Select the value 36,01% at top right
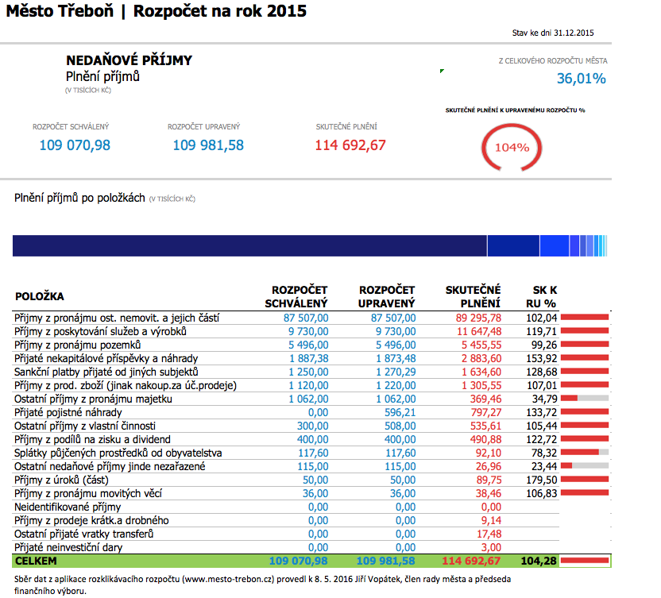coord(581,79)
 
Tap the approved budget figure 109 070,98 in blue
coord(75,145)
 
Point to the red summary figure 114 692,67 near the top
coord(350,145)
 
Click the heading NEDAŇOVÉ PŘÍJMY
coord(129,60)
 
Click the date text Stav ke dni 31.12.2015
coord(554,33)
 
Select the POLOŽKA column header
coord(40,296)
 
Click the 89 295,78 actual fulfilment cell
coord(474,318)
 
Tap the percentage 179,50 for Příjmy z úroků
coord(541,480)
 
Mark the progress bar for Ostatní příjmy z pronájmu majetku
coord(585,399)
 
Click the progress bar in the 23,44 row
coord(585,466)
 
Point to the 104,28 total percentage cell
coord(539,561)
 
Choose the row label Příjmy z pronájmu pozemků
coord(78,345)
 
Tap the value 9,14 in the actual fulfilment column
coord(491,520)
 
